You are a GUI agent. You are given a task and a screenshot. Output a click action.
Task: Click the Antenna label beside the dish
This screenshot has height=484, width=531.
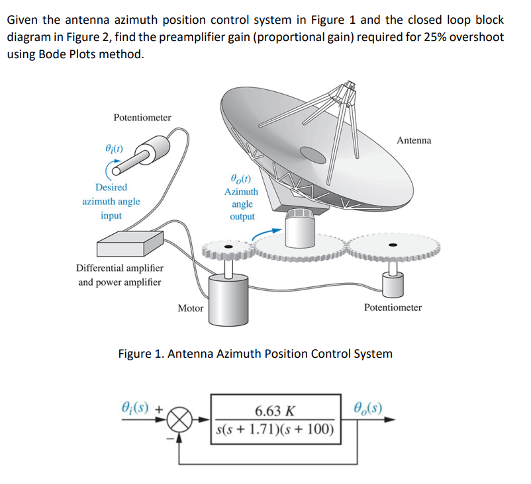pyautogui.click(x=414, y=140)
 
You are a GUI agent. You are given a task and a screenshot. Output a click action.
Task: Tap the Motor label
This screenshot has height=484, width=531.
pyautogui.click(x=191, y=307)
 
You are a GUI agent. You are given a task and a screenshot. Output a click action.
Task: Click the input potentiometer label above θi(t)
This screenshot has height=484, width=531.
pyautogui.click(x=142, y=117)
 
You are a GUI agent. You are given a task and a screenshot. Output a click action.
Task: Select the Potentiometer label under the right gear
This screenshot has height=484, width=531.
pyautogui.click(x=393, y=307)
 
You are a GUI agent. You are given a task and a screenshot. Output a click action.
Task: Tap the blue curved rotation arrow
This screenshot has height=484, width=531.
pyautogui.click(x=267, y=229)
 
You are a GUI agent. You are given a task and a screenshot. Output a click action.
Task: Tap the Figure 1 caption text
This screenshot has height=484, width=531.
pyautogui.click(x=255, y=353)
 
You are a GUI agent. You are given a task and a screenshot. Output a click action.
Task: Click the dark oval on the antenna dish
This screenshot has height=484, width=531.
pyautogui.click(x=313, y=153)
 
